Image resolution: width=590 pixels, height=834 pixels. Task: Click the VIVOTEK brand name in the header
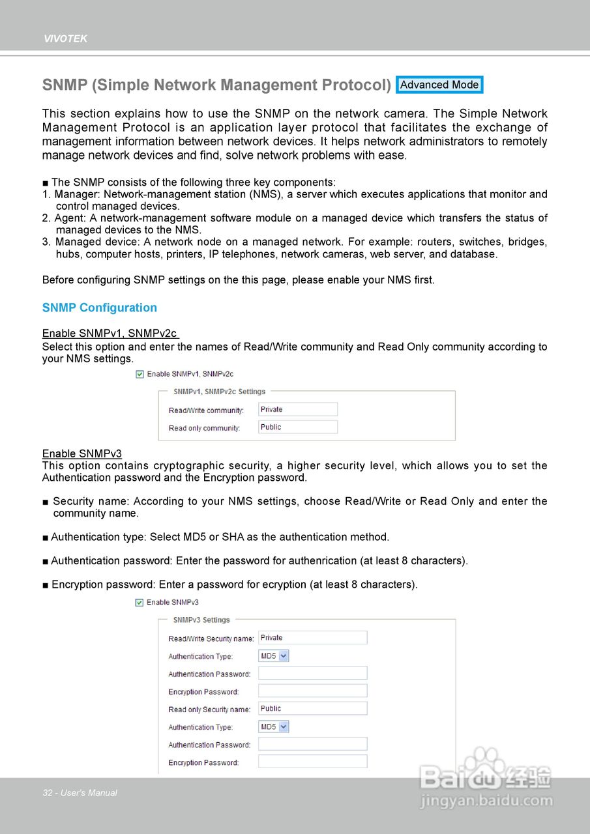click(65, 39)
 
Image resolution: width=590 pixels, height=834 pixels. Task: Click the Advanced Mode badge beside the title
click(439, 85)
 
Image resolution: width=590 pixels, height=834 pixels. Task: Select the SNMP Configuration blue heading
click(100, 308)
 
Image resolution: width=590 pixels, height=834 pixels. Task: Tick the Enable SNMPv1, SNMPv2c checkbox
click(140, 374)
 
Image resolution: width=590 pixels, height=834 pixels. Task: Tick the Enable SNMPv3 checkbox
click(140, 603)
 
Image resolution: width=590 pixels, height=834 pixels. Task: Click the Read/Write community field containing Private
click(298, 409)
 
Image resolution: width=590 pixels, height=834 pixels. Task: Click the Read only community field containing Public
click(298, 427)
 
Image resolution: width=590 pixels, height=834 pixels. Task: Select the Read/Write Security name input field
click(312, 638)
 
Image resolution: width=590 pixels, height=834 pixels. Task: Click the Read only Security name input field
click(312, 708)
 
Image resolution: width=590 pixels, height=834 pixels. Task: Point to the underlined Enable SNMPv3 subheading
click(82, 453)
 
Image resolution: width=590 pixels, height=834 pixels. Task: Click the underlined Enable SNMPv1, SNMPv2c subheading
click(110, 334)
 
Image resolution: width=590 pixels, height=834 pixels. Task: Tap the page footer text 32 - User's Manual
click(80, 793)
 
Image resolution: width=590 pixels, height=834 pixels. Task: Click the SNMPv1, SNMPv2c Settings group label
click(219, 392)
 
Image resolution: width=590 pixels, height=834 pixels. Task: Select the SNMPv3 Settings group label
click(201, 620)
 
